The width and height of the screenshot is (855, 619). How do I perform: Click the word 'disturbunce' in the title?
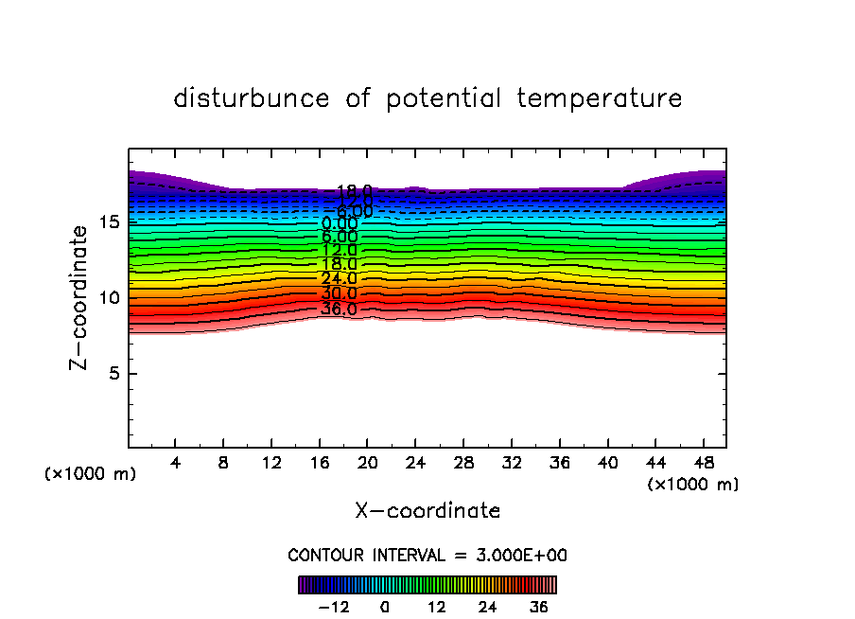[252, 98]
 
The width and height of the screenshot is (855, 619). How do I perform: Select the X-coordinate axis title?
[427, 511]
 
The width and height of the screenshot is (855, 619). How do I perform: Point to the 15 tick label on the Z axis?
[108, 222]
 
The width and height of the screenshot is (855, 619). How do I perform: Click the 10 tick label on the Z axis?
[108, 298]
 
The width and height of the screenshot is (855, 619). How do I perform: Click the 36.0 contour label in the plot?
[339, 309]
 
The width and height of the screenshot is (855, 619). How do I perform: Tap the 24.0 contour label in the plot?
[339, 279]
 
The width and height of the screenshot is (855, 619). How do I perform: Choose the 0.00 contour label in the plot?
[339, 224]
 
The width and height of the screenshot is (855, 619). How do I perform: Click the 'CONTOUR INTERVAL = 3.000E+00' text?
[427, 556]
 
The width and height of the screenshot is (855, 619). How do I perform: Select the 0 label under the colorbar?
[385, 606]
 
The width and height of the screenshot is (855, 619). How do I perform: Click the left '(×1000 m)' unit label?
[91, 474]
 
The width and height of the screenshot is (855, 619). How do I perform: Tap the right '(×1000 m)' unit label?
[693, 485]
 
